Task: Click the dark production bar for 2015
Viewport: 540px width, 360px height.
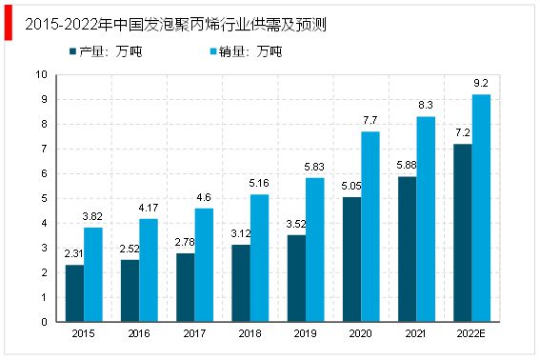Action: (74, 293)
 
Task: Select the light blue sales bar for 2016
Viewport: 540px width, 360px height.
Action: (148, 270)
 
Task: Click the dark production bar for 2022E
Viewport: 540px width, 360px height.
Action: (463, 232)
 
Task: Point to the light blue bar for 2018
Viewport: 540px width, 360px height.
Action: (259, 258)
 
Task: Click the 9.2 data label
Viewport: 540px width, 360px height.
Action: (482, 84)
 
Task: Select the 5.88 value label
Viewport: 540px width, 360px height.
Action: (407, 167)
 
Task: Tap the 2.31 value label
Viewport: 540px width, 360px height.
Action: (74, 254)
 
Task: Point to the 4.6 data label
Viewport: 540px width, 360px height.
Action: (205, 197)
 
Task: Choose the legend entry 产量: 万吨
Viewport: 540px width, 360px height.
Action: (106, 50)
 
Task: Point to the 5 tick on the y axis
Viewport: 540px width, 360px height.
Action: (44, 198)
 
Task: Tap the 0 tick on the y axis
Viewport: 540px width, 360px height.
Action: (44, 322)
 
